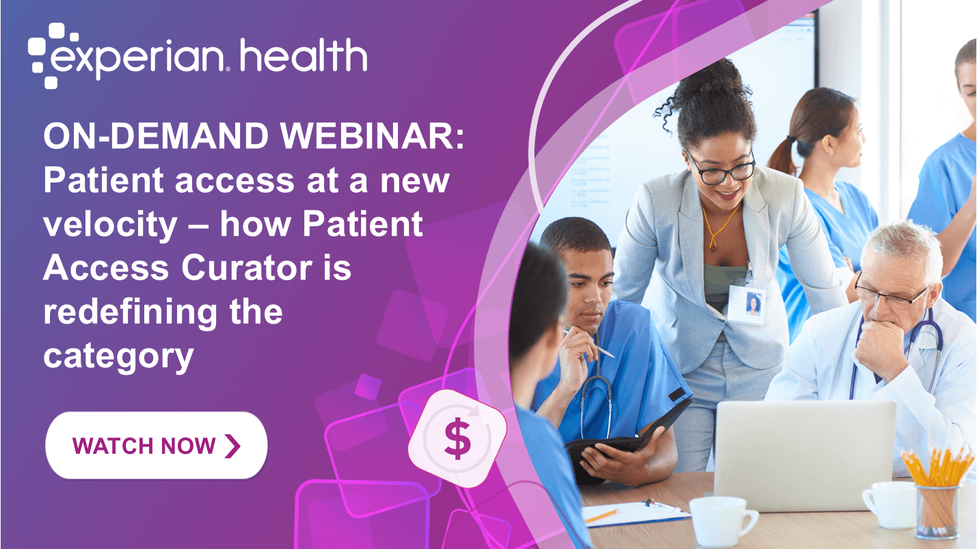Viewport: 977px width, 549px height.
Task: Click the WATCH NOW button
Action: tap(156, 445)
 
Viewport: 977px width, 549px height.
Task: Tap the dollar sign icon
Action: tap(457, 438)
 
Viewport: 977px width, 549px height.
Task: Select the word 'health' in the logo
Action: tap(303, 55)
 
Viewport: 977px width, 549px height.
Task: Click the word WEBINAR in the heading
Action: tap(372, 136)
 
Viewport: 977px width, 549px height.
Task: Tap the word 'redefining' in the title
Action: tap(131, 312)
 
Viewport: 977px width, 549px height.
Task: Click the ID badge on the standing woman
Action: tap(747, 304)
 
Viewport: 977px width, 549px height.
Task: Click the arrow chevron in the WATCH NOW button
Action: tap(232, 446)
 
